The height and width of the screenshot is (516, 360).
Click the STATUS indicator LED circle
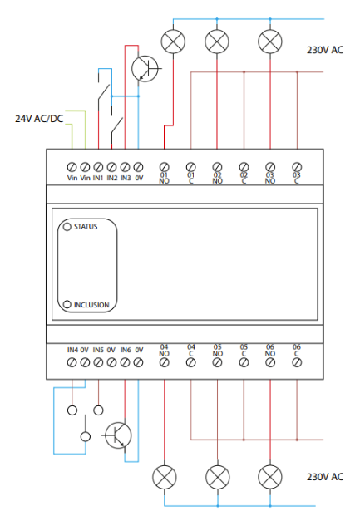click(x=67, y=227)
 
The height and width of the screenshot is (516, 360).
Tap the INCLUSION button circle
click(x=67, y=304)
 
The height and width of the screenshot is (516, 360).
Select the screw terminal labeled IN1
click(x=98, y=167)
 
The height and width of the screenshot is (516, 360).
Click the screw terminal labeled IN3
click(x=125, y=167)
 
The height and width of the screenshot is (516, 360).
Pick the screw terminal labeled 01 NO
click(x=164, y=167)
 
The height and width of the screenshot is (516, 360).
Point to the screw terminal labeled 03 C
click(x=297, y=167)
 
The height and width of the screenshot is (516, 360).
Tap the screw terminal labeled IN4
click(x=72, y=362)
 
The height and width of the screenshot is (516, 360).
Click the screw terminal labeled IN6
click(x=125, y=362)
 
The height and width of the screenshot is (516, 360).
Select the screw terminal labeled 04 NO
click(x=164, y=362)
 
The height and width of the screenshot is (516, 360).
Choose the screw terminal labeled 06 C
click(x=297, y=362)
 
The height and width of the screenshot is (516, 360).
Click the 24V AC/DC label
click(x=39, y=119)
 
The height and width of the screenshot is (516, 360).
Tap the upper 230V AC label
click(x=325, y=50)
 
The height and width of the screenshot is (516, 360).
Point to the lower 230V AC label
click(x=325, y=477)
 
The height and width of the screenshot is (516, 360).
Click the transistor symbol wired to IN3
click(x=145, y=69)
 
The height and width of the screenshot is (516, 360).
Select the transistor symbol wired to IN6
click(x=118, y=435)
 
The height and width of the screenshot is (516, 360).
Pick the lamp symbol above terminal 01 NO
click(x=173, y=42)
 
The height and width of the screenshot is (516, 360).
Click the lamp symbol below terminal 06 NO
click(x=270, y=477)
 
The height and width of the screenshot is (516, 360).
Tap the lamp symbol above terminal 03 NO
click(x=270, y=42)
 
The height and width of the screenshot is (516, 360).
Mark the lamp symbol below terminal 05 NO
click(x=217, y=477)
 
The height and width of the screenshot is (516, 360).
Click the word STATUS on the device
click(x=86, y=227)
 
